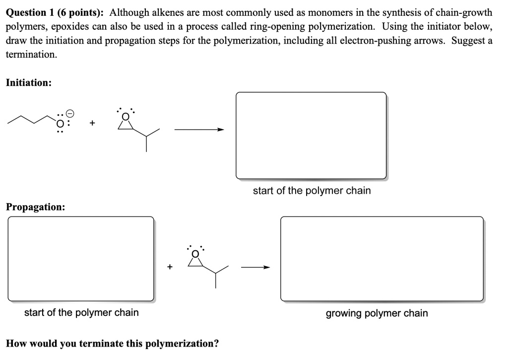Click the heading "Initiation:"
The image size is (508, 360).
click(29, 83)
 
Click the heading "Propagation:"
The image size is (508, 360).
click(35, 207)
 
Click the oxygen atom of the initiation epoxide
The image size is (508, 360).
click(126, 116)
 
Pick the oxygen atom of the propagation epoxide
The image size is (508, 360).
click(195, 254)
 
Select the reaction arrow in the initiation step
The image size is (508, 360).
click(199, 130)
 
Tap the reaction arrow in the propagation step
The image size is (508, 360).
click(255, 268)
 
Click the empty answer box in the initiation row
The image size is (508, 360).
click(311, 136)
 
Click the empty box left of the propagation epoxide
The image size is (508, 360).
click(81, 259)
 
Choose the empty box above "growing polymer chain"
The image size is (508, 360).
click(381, 259)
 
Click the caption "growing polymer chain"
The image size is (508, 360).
click(377, 313)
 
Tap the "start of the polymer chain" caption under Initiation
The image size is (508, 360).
click(312, 191)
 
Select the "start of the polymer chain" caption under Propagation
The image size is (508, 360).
click(81, 313)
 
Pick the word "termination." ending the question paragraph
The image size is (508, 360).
click(31, 54)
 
